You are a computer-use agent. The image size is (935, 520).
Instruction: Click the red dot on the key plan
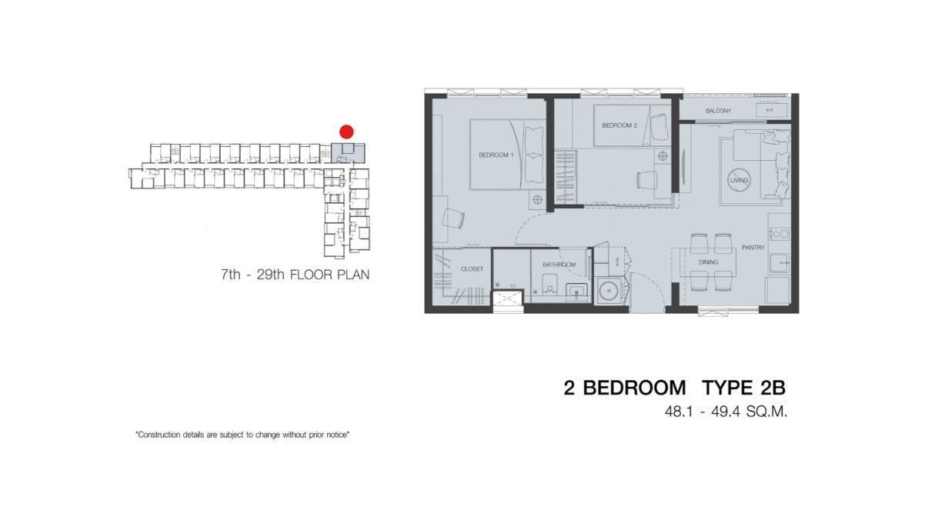[x=346, y=132]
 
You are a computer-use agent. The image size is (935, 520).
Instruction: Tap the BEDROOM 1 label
[x=496, y=155]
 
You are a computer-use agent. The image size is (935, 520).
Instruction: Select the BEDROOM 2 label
[x=619, y=125]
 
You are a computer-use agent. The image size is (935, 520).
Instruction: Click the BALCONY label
[x=718, y=112]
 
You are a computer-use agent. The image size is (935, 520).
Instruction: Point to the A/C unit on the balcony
[x=770, y=112]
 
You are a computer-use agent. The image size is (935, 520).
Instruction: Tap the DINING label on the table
[x=708, y=262]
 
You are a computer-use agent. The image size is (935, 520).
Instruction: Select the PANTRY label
[x=753, y=248]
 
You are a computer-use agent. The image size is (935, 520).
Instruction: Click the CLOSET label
[x=472, y=269]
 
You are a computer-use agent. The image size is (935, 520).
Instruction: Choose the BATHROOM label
[x=559, y=265]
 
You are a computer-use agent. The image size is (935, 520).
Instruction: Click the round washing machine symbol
[x=609, y=292]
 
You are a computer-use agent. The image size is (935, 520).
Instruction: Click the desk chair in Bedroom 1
[x=454, y=218]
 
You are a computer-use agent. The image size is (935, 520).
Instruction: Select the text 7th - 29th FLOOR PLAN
[x=295, y=275]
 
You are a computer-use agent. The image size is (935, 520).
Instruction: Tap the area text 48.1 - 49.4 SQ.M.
[x=726, y=412]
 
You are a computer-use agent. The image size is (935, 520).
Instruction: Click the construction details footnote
[x=243, y=435]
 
